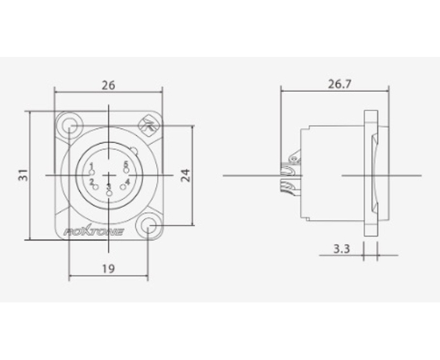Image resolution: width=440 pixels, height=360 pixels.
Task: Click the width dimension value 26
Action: pyautogui.click(x=108, y=84)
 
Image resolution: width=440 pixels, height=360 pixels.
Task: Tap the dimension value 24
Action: pyautogui.click(x=185, y=174)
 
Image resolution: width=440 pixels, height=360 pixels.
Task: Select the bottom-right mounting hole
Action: pyautogui.click(x=150, y=227)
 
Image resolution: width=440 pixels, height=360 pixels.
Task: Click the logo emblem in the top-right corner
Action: pyautogui.click(x=149, y=125)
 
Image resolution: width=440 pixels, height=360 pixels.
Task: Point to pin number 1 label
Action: pyautogui.click(x=92, y=166)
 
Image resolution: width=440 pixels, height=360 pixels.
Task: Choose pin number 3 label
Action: pyautogui.click(x=109, y=186)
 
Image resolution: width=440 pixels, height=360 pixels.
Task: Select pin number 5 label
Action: pyautogui.click(x=126, y=166)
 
